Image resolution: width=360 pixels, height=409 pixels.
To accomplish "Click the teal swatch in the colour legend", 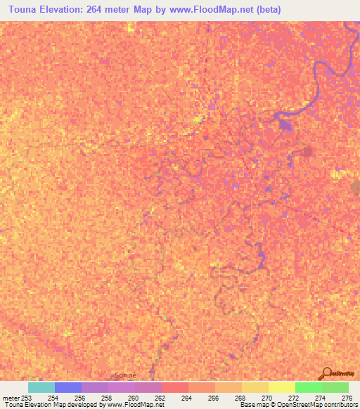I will (41, 387).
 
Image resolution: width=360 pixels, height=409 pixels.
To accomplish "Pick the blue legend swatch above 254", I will (68, 387).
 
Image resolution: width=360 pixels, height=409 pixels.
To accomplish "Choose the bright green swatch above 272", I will (309, 387).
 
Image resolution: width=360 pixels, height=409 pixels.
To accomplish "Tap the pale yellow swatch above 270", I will (282, 387).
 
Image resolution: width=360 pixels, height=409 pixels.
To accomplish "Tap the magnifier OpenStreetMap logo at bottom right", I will (326, 374).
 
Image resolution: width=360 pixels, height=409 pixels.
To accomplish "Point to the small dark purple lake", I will (284, 124).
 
